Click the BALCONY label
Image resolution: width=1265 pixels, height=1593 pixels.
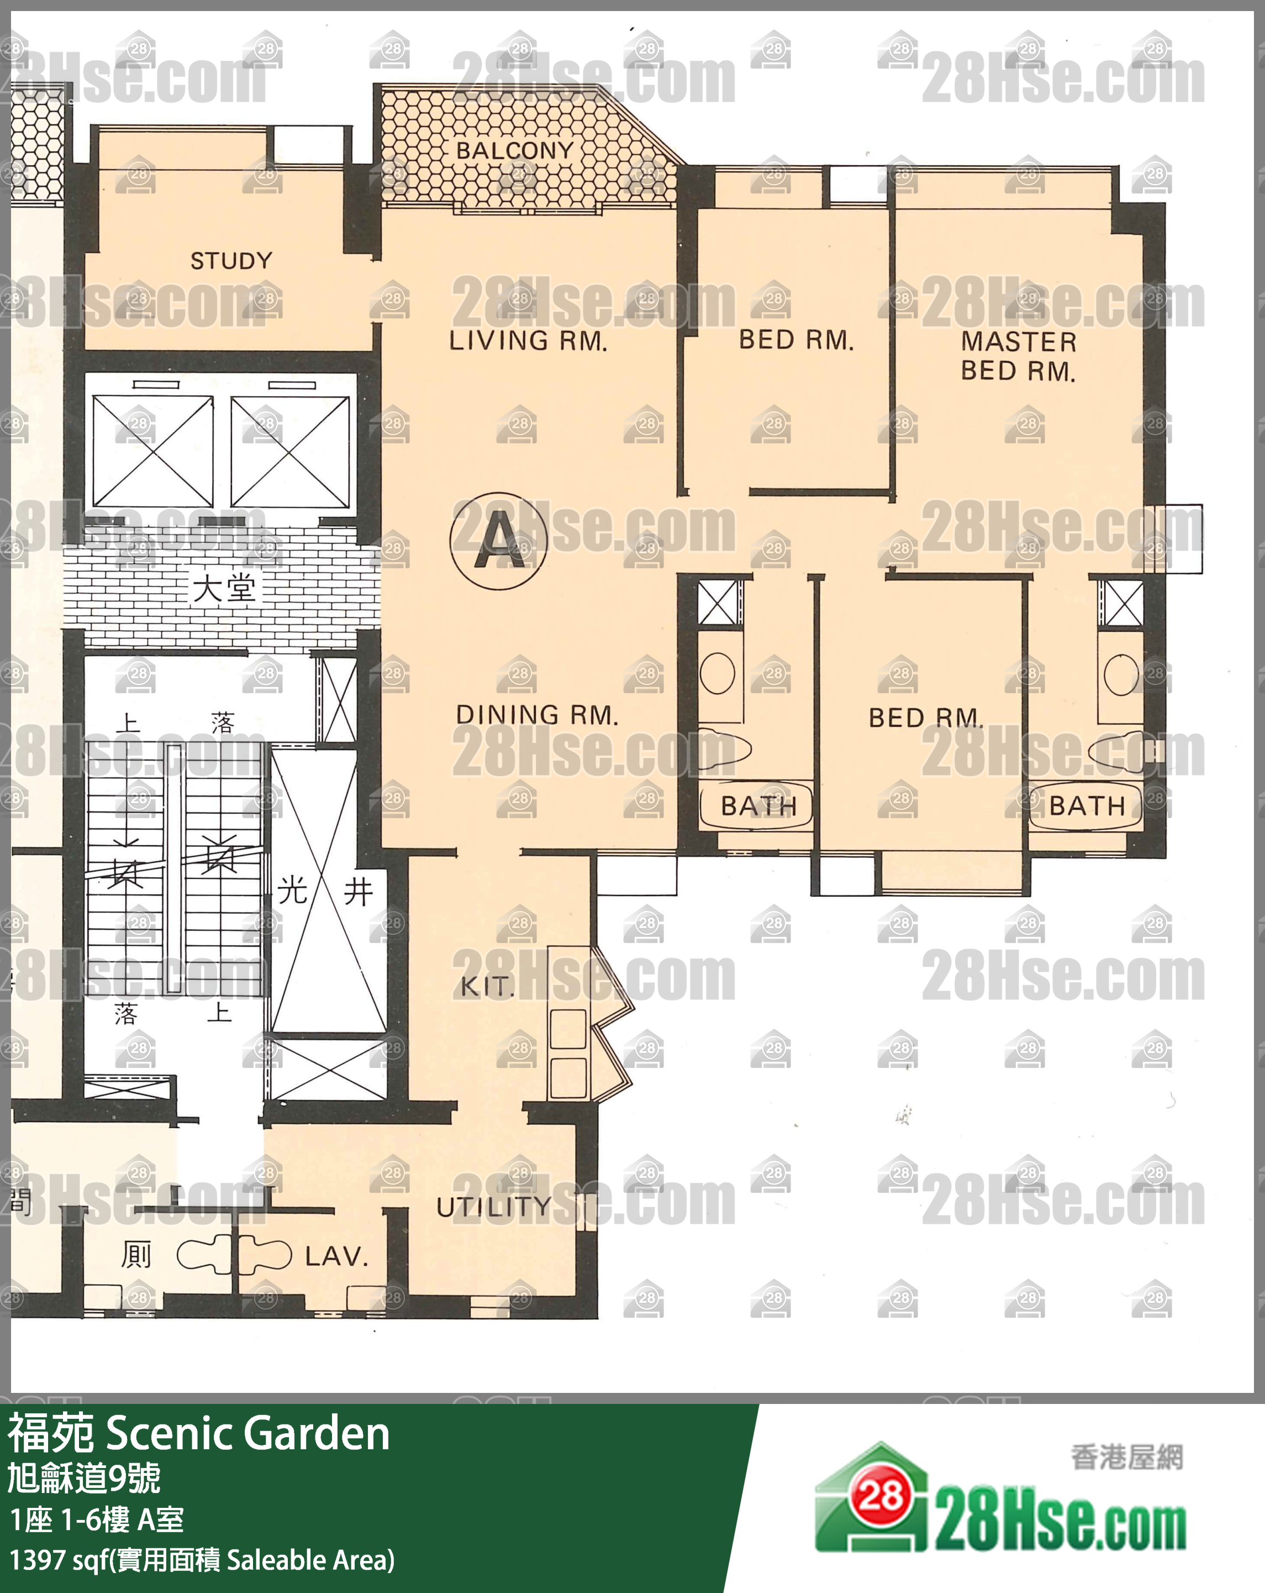tap(515, 151)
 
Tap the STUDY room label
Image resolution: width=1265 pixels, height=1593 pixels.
tap(231, 261)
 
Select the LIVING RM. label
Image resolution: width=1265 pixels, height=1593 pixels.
tap(528, 340)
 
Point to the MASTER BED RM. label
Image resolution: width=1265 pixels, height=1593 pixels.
tap(1018, 356)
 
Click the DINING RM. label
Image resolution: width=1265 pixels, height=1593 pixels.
tap(537, 715)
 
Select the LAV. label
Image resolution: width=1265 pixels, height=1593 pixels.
tap(336, 1256)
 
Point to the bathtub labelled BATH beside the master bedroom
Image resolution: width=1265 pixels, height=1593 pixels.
tap(1085, 805)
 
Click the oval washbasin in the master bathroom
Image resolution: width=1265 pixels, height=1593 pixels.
tap(1121, 674)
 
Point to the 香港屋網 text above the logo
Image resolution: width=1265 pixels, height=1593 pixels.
tap(1127, 1458)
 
